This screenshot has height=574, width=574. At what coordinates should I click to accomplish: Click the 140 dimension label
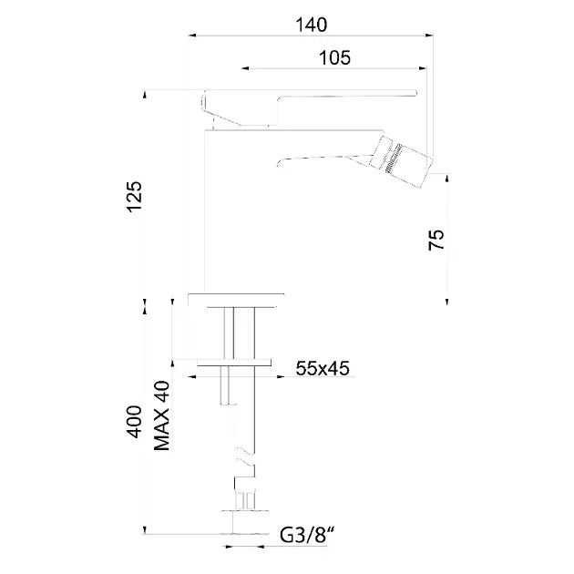pos(311,25)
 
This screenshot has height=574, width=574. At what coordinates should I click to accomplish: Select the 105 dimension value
pos(334,57)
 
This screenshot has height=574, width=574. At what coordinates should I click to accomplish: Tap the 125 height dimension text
pos(134,197)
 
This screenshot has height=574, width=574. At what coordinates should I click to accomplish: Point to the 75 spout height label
pos(436,240)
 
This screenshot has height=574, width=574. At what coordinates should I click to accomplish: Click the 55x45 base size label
pos(323,368)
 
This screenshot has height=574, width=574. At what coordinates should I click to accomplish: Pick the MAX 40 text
pos(162,415)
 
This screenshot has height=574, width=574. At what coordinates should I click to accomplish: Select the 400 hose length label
pos(134,422)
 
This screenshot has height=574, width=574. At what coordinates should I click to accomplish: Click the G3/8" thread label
pos(308,535)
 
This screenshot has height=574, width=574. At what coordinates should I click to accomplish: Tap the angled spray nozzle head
pos(401,161)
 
